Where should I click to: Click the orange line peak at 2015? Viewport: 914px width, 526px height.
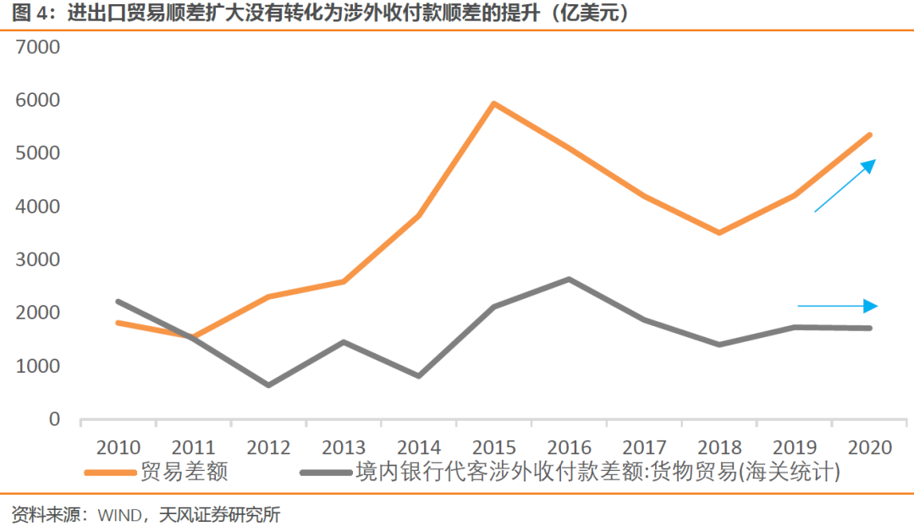coord(493,104)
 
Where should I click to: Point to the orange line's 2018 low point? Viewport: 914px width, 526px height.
coord(719,232)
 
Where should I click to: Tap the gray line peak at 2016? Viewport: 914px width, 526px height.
coord(569,279)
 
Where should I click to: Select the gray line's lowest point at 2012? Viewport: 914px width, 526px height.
coord(269,385)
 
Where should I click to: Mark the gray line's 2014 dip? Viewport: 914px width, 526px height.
coord(419,375)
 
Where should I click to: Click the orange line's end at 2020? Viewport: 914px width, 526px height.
coord(869,136)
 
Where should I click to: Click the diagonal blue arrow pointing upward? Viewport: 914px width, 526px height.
coord(844,185)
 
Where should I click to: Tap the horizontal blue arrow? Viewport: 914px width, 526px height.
coord(837,306)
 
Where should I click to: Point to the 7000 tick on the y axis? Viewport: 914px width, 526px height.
coord(38,47)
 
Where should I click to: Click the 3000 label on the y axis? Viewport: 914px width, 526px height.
coord(38,260)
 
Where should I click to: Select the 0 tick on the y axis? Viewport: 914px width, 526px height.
coord(53,419)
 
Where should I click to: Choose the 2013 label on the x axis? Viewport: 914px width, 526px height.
coord(344,446)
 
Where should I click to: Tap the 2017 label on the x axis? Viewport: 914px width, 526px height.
coord(644,446)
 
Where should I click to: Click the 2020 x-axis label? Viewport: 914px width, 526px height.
coord(869,446)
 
